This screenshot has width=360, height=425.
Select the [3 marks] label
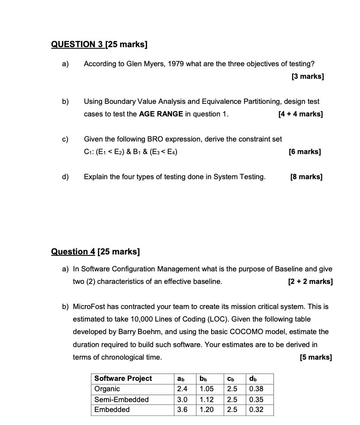[x=308, y=77]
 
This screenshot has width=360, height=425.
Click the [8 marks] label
[x=306, y=177]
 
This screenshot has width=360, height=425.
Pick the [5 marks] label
[x=316, y=357]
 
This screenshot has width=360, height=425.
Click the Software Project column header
[x=123, y=378]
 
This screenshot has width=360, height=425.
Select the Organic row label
[x=107, y=389]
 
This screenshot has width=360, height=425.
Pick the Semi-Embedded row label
[x=121, y=399]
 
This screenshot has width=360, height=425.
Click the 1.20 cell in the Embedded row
[x=206, y=409]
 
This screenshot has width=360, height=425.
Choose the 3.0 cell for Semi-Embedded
[x=182, y=399]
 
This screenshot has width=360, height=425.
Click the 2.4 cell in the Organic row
[x=182, y=389]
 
